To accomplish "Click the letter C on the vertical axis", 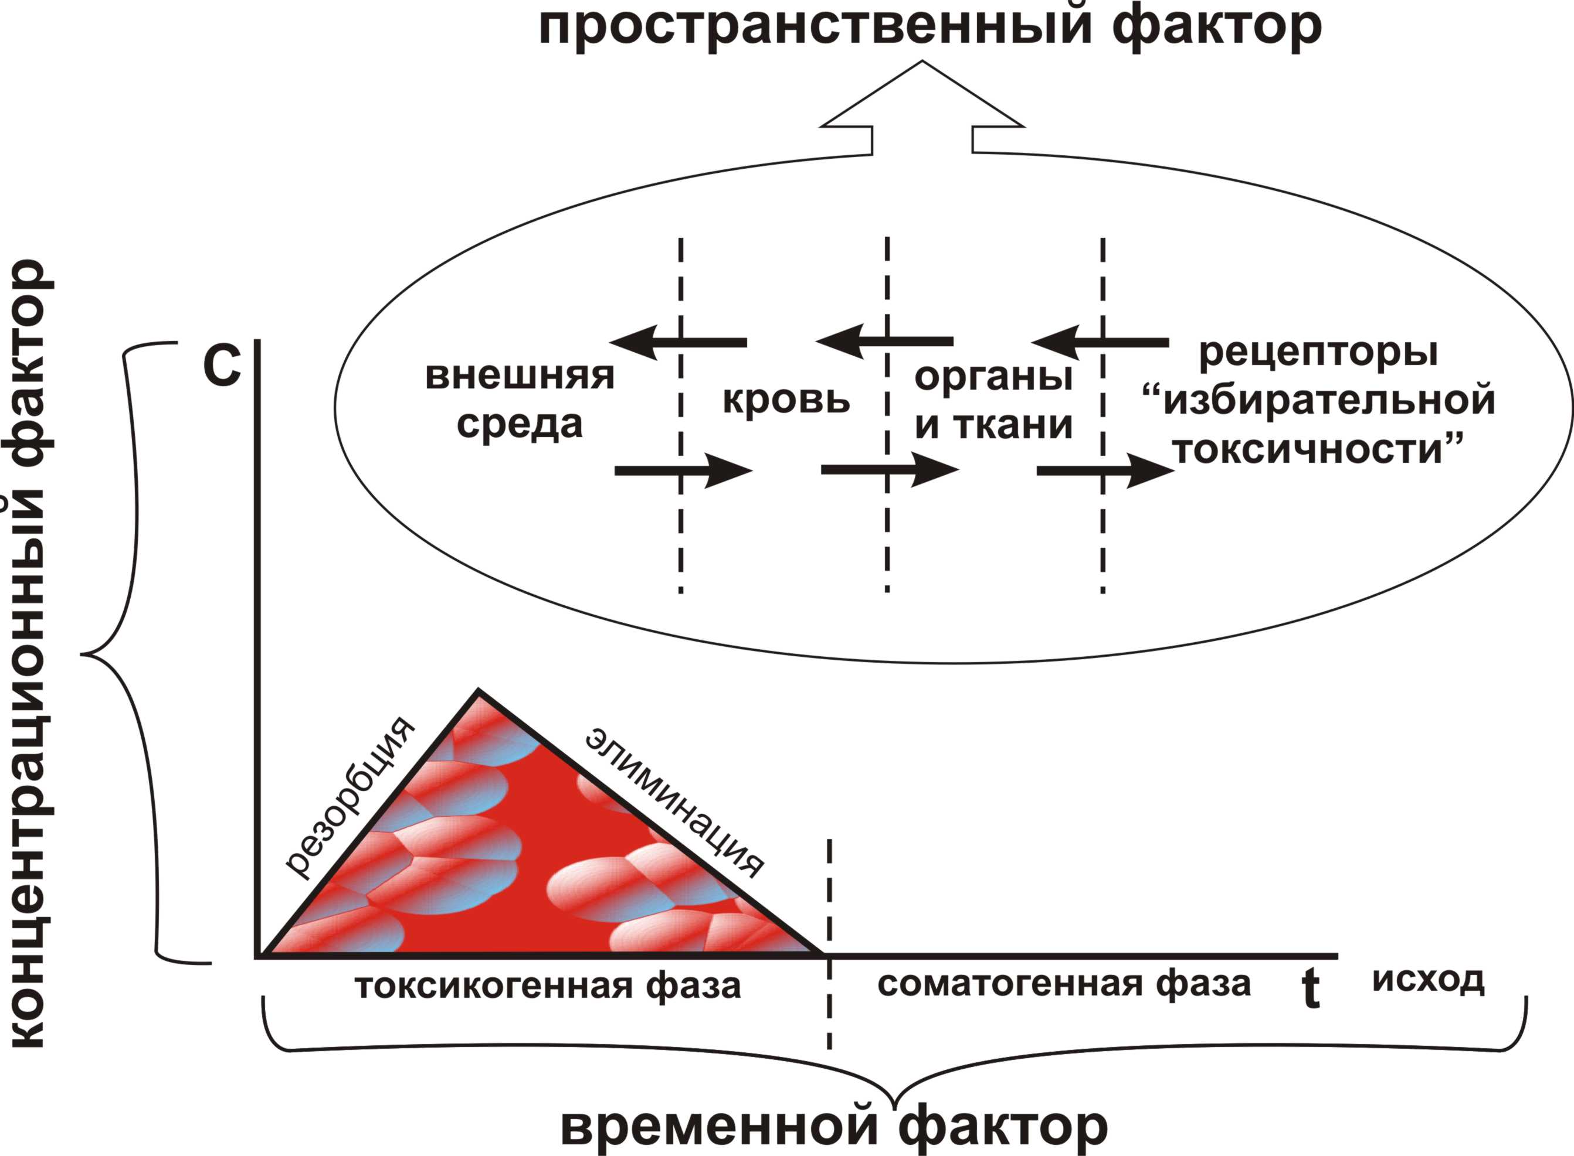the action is point(222,366).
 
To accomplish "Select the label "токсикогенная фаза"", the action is point(548,986).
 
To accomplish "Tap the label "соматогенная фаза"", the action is point(1064,984).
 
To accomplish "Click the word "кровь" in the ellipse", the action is point(786,400).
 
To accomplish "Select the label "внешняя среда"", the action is point(520,399).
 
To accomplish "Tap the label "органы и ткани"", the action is point(993,400).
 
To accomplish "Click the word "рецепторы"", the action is point(1318,352).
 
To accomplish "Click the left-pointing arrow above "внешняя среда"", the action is point(678,342).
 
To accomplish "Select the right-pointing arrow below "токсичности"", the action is point(1105,471).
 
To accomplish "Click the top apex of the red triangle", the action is point(478,693).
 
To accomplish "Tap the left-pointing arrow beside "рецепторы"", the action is point(1100,343).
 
